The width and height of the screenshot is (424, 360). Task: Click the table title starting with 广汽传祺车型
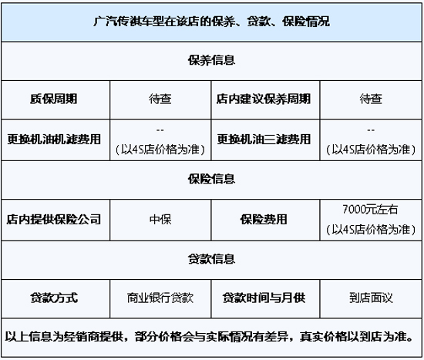pos(211,22)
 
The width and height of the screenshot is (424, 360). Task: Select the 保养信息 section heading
pos(211,60)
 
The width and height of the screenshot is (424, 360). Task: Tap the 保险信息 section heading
pos(211,179)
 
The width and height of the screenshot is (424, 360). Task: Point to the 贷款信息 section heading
pos(211,259)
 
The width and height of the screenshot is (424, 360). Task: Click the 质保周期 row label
pos(54,99)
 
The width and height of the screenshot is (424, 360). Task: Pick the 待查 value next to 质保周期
pos(160,99)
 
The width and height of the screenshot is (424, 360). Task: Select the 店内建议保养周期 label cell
pos(264,99)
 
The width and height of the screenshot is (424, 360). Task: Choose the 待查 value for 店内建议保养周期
pos(371,99)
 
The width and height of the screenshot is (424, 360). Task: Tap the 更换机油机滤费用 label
pos(54,140)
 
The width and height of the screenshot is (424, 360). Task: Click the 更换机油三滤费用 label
pos(264,140)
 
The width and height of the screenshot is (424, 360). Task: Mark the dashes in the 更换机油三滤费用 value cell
pos(371,130)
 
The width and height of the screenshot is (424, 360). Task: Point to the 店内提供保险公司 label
pos(54,220)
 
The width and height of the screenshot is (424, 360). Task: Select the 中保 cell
pos(160,220)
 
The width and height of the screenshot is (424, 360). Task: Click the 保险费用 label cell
pos(264,220)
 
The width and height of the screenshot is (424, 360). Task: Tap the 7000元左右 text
pos(370,210)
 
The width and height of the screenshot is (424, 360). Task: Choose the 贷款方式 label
pos(54,298)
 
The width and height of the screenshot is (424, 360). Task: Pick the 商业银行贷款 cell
pos(160,298)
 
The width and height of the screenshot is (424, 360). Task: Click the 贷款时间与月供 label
pos(264,298)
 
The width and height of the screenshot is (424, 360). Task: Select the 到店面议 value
pos(371,298)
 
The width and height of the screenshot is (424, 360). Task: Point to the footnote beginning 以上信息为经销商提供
pos(209,337)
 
